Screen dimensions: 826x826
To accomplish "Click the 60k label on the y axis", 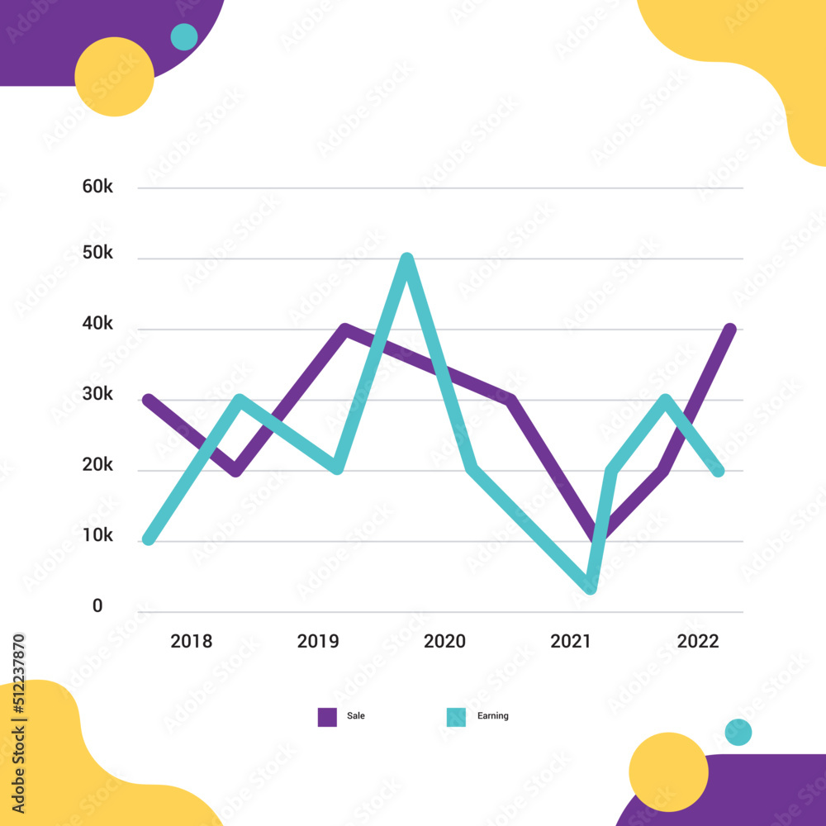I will (x=97, y=187).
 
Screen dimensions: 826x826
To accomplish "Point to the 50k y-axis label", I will (x=97, y=253).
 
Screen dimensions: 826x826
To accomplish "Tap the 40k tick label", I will (x=97, y=324).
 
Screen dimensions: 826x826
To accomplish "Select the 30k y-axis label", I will (x=97, y=395).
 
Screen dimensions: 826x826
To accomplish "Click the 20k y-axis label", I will (x=97, y=465).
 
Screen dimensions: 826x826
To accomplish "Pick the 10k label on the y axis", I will (x=97, y=536).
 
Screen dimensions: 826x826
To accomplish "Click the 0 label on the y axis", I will (x=97, y=606).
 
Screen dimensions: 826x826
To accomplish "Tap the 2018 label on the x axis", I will (x=191, y=642).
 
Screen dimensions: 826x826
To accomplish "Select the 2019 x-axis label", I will (x=318, y=642).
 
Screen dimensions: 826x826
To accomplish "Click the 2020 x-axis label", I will (x=444, y=642).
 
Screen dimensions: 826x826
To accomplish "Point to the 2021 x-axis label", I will (x=572, y=642).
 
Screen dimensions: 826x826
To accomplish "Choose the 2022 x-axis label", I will (x=698, y=642).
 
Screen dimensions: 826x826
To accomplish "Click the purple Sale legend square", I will (x=327, y=717).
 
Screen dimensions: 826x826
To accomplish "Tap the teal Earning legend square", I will (x=455, y=717).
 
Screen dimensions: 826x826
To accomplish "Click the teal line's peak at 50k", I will (x=406, y=259).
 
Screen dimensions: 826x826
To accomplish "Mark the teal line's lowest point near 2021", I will (x=590, y=587).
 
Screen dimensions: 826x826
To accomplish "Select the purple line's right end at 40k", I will (x=730, y=330).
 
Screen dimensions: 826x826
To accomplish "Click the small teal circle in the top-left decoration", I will (x=183, y=37).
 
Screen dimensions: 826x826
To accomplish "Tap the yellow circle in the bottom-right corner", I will (x=668, y=772).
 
